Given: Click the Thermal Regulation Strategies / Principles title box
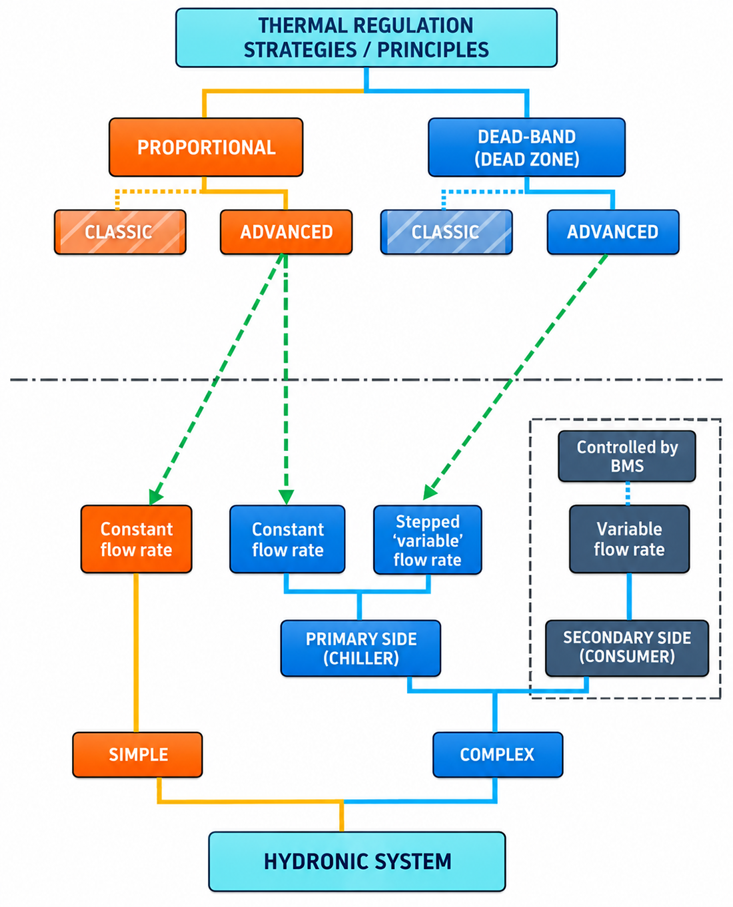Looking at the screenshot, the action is (366, 37).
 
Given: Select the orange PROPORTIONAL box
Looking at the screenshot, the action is (206, 147).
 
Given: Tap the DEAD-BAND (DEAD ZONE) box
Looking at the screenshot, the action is (526, 147).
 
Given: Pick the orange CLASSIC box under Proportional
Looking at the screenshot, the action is (120, 232).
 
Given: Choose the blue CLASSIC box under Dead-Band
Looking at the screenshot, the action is (446, 232).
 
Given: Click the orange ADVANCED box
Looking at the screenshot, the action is (286, 232).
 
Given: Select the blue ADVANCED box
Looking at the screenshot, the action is (613, 232).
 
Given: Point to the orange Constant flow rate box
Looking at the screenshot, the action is (137, 539).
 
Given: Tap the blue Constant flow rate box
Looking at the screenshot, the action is (287, 539).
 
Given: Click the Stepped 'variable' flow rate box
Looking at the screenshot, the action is (427, 539).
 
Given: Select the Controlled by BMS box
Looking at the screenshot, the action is (627, 456).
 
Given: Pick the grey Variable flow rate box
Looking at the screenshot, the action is (629, 539).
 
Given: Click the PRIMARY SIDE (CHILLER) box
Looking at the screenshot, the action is (361, 648).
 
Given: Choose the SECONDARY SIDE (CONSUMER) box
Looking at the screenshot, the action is (627, 648).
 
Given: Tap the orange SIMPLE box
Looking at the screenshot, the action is (137, 755).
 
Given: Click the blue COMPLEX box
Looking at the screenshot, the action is (498, 755).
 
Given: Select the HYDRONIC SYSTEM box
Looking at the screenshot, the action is (357, 861).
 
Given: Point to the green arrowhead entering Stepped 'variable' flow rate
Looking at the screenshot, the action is (430, 492).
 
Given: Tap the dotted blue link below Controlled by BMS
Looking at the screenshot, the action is (627, 493).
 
